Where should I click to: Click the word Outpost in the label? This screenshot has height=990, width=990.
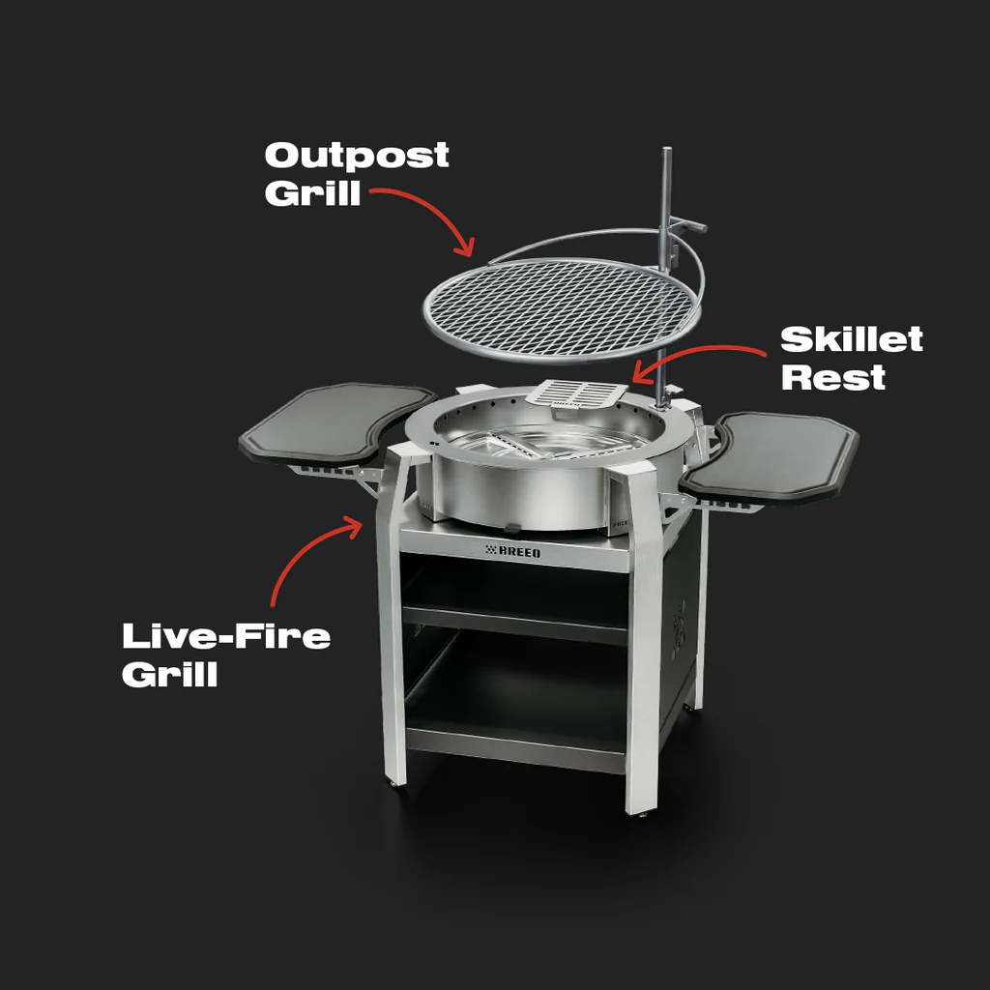tap(357, 156)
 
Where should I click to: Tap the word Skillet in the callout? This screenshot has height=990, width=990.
tap(852, 339)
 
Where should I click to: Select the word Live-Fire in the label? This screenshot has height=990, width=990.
tap(226, 636)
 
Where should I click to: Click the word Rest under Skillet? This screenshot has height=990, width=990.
tap(833, 377)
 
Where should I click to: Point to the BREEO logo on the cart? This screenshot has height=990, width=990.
tap(513, 551)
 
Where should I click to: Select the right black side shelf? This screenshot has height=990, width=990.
tap(771, 456)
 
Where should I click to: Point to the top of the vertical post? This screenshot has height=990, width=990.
tap(667, 150)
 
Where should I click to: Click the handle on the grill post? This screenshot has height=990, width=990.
tap(688, 224)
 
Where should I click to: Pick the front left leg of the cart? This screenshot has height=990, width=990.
tap(393, 619)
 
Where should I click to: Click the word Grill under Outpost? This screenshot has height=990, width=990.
tap(312, 193)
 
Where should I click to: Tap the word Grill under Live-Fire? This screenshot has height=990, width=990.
tap(170, 674)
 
